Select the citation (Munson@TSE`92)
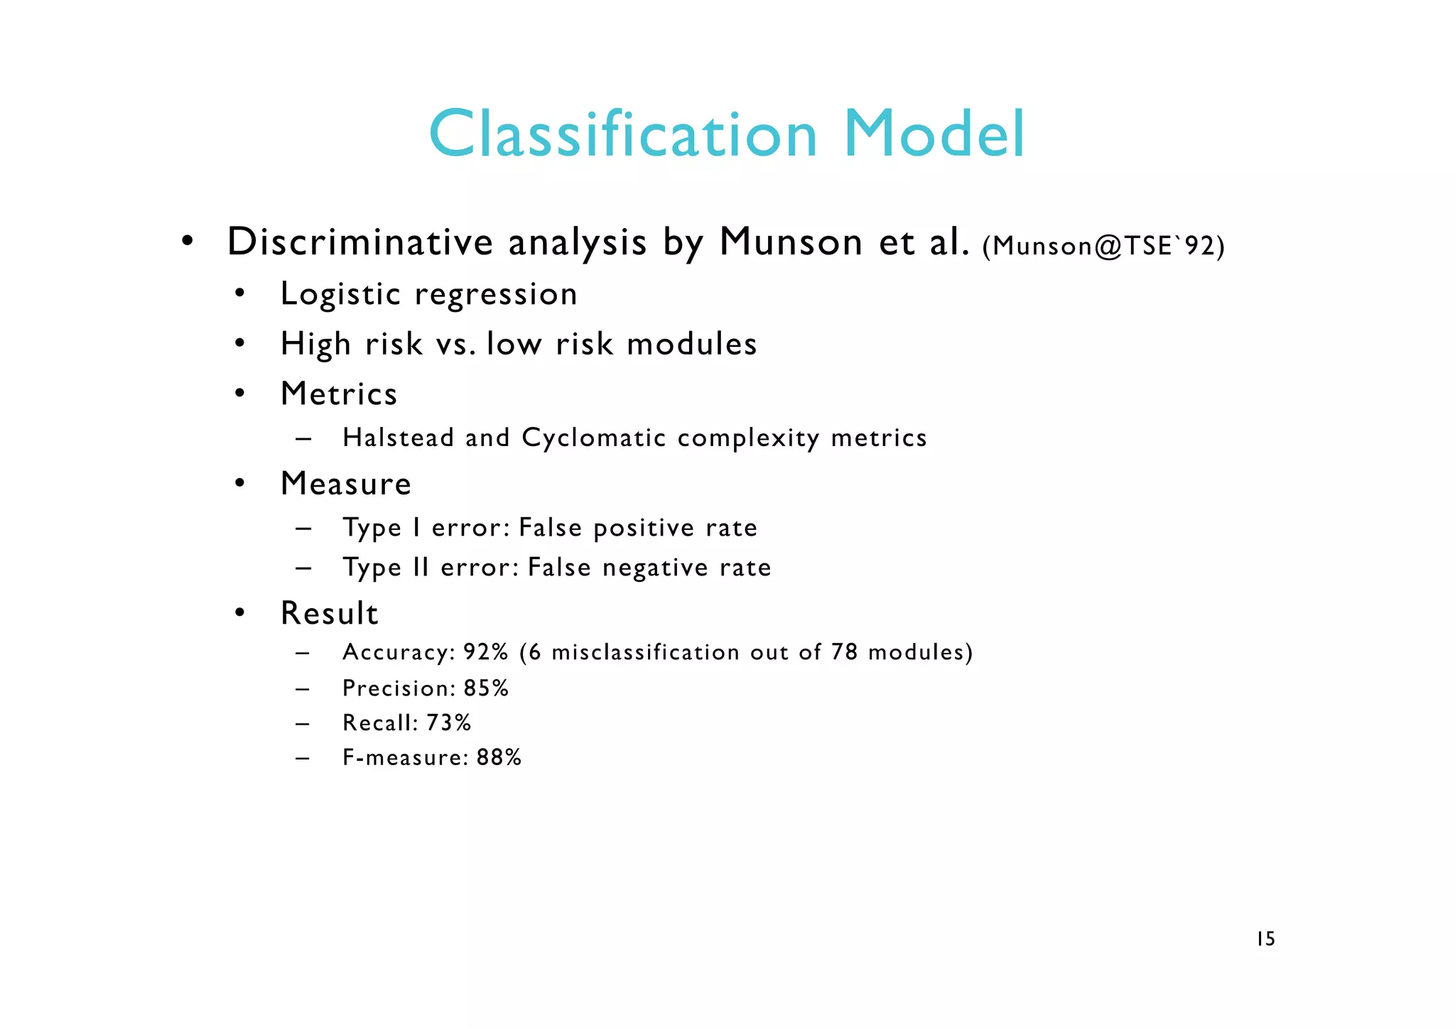tap(1103, 246)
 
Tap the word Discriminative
tap(359, 242)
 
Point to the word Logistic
tap(340, 294)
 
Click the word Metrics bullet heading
tap(339, 394)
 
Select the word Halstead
tap(398, 438)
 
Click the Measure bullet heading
tap(346, 484)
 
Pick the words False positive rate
tap(637, 528)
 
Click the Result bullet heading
tap(330, 613)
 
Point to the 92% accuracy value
tap(485, 652)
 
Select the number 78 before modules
tap(844, 652)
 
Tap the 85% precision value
tap(486, 688)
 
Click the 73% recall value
tap(448, 723)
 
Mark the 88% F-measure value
tap(499, 757)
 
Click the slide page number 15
tap(1265, 939)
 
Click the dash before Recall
tap(303, 724)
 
